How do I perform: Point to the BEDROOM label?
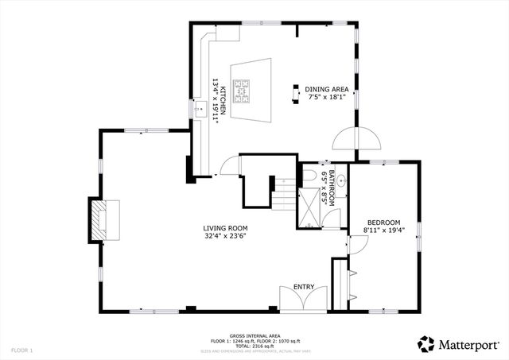(x=383, y=222)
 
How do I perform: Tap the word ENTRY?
(x=304, y=287)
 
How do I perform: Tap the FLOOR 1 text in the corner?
(x=21, y=350)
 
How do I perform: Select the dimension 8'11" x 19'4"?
(x=383, y=230)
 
